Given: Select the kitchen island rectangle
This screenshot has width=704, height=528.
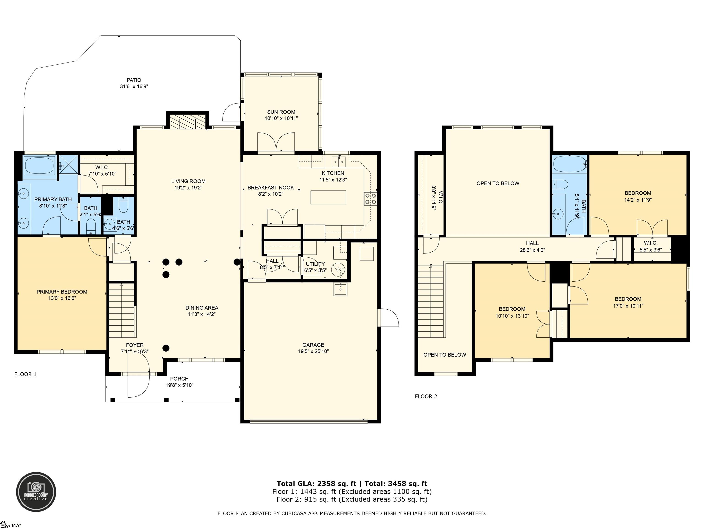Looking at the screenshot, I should pos(328,197).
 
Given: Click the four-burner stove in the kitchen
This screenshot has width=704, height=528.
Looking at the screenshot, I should pos(371,199).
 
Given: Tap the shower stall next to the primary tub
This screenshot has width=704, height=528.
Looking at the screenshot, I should pos(69,165).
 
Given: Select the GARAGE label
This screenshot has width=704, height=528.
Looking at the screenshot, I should pos(313,345).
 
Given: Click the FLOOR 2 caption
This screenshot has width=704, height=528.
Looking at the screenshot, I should pos(426,396).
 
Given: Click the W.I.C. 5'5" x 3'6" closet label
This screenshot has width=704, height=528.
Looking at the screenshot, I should pos(651,246).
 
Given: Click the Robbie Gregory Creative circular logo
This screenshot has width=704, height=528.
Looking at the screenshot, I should pos(36,492).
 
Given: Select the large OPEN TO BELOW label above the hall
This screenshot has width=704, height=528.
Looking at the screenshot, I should pos(498,183).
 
